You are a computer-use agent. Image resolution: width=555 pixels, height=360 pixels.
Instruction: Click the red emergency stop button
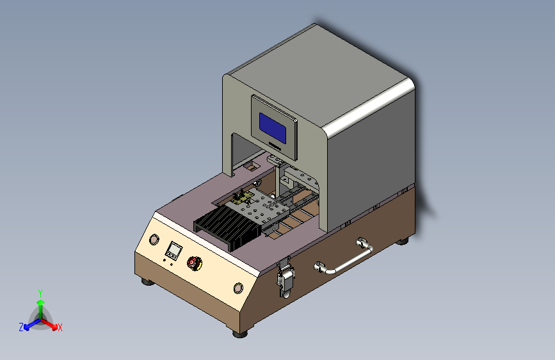tap(193, 262)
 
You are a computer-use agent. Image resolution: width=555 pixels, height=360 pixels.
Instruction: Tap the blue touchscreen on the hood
tap(273, 127)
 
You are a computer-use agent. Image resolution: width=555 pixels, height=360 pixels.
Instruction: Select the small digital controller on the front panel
tap(173, 249)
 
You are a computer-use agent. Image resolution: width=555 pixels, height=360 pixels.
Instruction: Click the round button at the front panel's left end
tap(154, 240)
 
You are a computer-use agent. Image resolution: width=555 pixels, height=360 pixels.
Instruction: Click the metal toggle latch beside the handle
tap(285, 280)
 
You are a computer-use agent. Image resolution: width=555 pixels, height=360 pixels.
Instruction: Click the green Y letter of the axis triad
tap(40, 292)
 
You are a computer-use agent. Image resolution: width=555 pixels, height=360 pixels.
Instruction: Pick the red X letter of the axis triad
tap(60, 327)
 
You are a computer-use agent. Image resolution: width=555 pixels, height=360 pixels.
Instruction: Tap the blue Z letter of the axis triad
tap(21, 327)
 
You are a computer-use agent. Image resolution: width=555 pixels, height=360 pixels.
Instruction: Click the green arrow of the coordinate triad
tap(40, 304)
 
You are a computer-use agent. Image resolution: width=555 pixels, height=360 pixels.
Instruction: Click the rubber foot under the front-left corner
tap(147, 281)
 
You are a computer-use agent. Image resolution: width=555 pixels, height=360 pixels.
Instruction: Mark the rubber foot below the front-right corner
tap(239, 332)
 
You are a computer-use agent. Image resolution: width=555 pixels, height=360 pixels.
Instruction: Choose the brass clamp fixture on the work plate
tap(241, 197)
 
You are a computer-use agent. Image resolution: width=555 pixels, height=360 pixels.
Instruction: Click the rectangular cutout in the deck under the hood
tap(250, 168)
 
